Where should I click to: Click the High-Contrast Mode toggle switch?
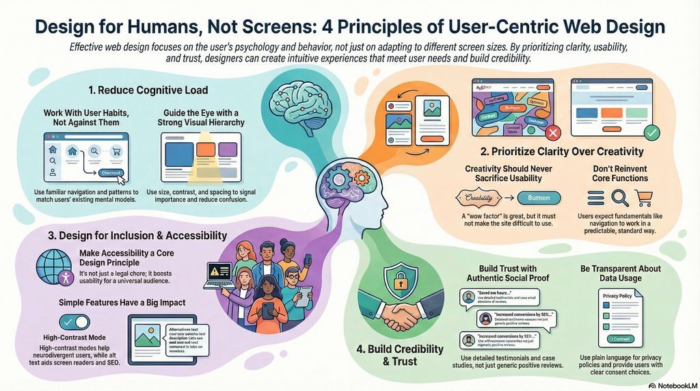(75, 321)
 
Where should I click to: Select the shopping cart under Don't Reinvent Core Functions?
(644, 198)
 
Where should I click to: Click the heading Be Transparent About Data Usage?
(620, 273)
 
